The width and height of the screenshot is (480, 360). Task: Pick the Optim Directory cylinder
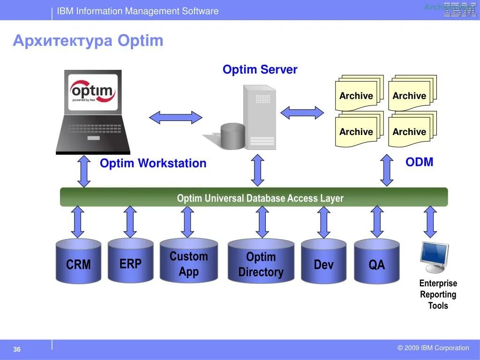(x=261, y=262)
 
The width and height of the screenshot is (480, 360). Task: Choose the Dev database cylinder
(x=323, y=262)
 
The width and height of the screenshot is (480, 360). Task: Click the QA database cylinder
(x=376, y=262)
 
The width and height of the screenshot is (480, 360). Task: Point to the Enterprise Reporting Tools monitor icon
(x=434, y=256)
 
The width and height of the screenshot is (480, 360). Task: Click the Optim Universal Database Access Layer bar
(x=254, y=197)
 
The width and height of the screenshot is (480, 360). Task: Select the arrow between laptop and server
(x=175, y=117)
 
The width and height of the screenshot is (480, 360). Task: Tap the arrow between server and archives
(x=302, y=112)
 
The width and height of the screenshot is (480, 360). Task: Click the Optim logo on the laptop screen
(x=93, y=91)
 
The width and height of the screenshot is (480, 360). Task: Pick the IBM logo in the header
(x=459, y=9)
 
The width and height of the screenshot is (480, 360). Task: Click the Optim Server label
(x=260, y=70)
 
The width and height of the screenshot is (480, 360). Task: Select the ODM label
(x=419, y=162)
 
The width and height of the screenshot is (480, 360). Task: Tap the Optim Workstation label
(x=153, y=164)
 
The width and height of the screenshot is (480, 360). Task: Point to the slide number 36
(x=17, y=350)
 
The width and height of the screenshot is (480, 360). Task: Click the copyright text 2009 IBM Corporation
(x=433, y=348)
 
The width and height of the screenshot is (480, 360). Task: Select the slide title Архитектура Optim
(x=88, y=41)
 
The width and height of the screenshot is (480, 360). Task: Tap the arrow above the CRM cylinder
(x=78, y=222)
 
